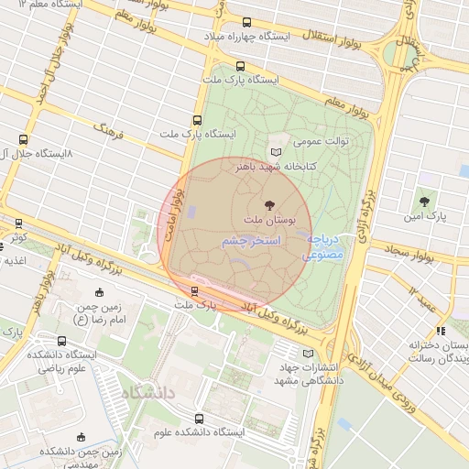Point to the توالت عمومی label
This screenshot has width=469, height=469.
(x=319, y=143)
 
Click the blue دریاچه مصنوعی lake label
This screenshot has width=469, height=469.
(x=325, y=245)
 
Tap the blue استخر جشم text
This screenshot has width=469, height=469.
(x=250, y=239)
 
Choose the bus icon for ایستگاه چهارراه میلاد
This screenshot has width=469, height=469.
(x=245, y=23)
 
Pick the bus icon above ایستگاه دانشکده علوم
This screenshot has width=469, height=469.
(x=199, y=419)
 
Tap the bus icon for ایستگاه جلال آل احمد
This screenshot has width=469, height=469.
(x=23, y=140)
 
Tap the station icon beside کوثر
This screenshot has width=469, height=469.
(x=18, y=223)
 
